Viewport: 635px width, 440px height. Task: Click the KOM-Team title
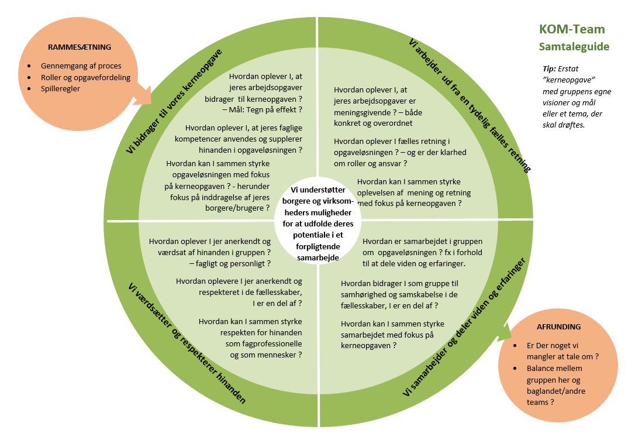572,29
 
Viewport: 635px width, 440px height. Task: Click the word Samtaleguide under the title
574,46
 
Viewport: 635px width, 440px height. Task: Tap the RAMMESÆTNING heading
80,47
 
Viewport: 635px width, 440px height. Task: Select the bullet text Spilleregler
60,88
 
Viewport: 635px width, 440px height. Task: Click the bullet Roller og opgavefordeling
85,77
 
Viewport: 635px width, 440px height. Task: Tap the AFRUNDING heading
558,326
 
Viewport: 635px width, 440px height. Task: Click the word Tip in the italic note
550,68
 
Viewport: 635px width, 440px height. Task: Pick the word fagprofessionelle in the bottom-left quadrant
264,343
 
